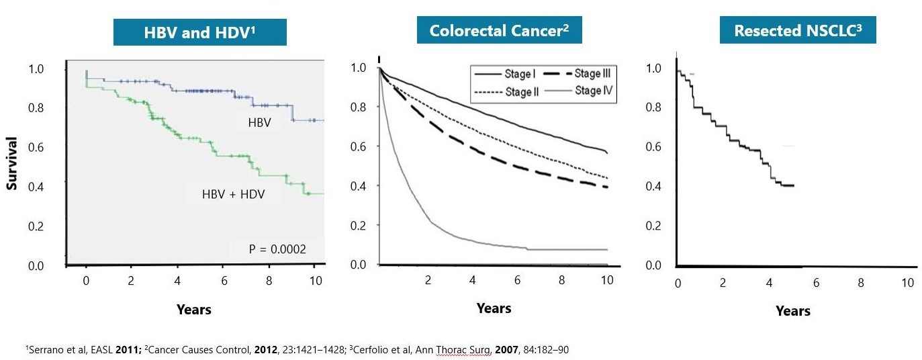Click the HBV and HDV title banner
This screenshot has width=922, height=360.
click(199, 32)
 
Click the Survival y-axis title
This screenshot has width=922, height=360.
click(11, 165)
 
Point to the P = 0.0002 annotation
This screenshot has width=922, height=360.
click(277, 249)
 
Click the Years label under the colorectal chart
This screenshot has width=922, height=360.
click(494, 308)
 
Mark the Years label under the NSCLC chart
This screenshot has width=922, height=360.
click(793, 311)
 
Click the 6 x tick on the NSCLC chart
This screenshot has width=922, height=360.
click(816, 283)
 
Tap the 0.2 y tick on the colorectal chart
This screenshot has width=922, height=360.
click(360, 226)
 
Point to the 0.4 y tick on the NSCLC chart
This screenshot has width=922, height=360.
click(653, 187)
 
